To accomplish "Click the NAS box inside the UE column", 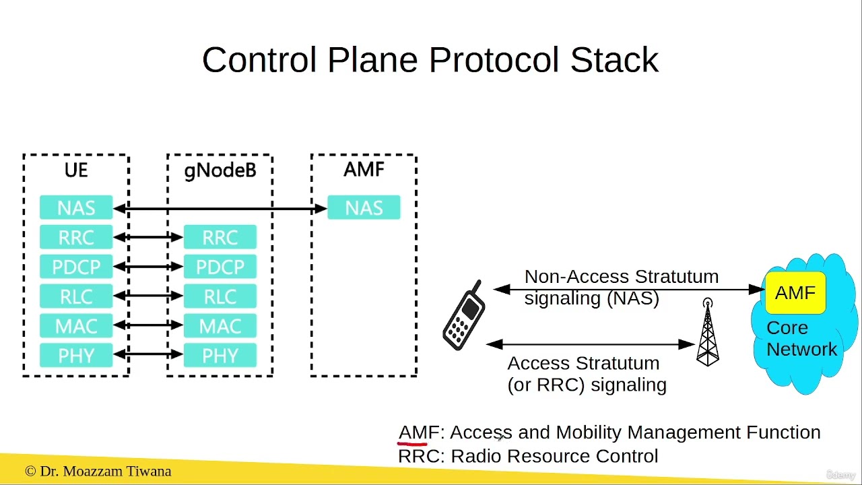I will [76, 207].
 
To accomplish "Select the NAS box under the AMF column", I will [364, 207].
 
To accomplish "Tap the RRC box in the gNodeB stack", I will [220, 237].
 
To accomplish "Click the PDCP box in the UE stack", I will [76, 267].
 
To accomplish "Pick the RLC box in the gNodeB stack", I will [220, 296].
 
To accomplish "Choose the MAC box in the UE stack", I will [76, 326].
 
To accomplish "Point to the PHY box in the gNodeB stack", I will [220, 356].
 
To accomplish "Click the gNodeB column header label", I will [220, 170].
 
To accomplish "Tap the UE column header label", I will [76, 170].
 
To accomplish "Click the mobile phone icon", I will [464, 315].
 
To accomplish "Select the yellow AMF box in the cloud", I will [795, 293].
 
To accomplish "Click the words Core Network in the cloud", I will [801, 339].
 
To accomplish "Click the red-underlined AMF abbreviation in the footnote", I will [418, 432].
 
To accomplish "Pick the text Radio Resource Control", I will [554, 456].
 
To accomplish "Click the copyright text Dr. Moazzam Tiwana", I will [98, 471].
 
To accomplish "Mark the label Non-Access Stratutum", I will [621, 277].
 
